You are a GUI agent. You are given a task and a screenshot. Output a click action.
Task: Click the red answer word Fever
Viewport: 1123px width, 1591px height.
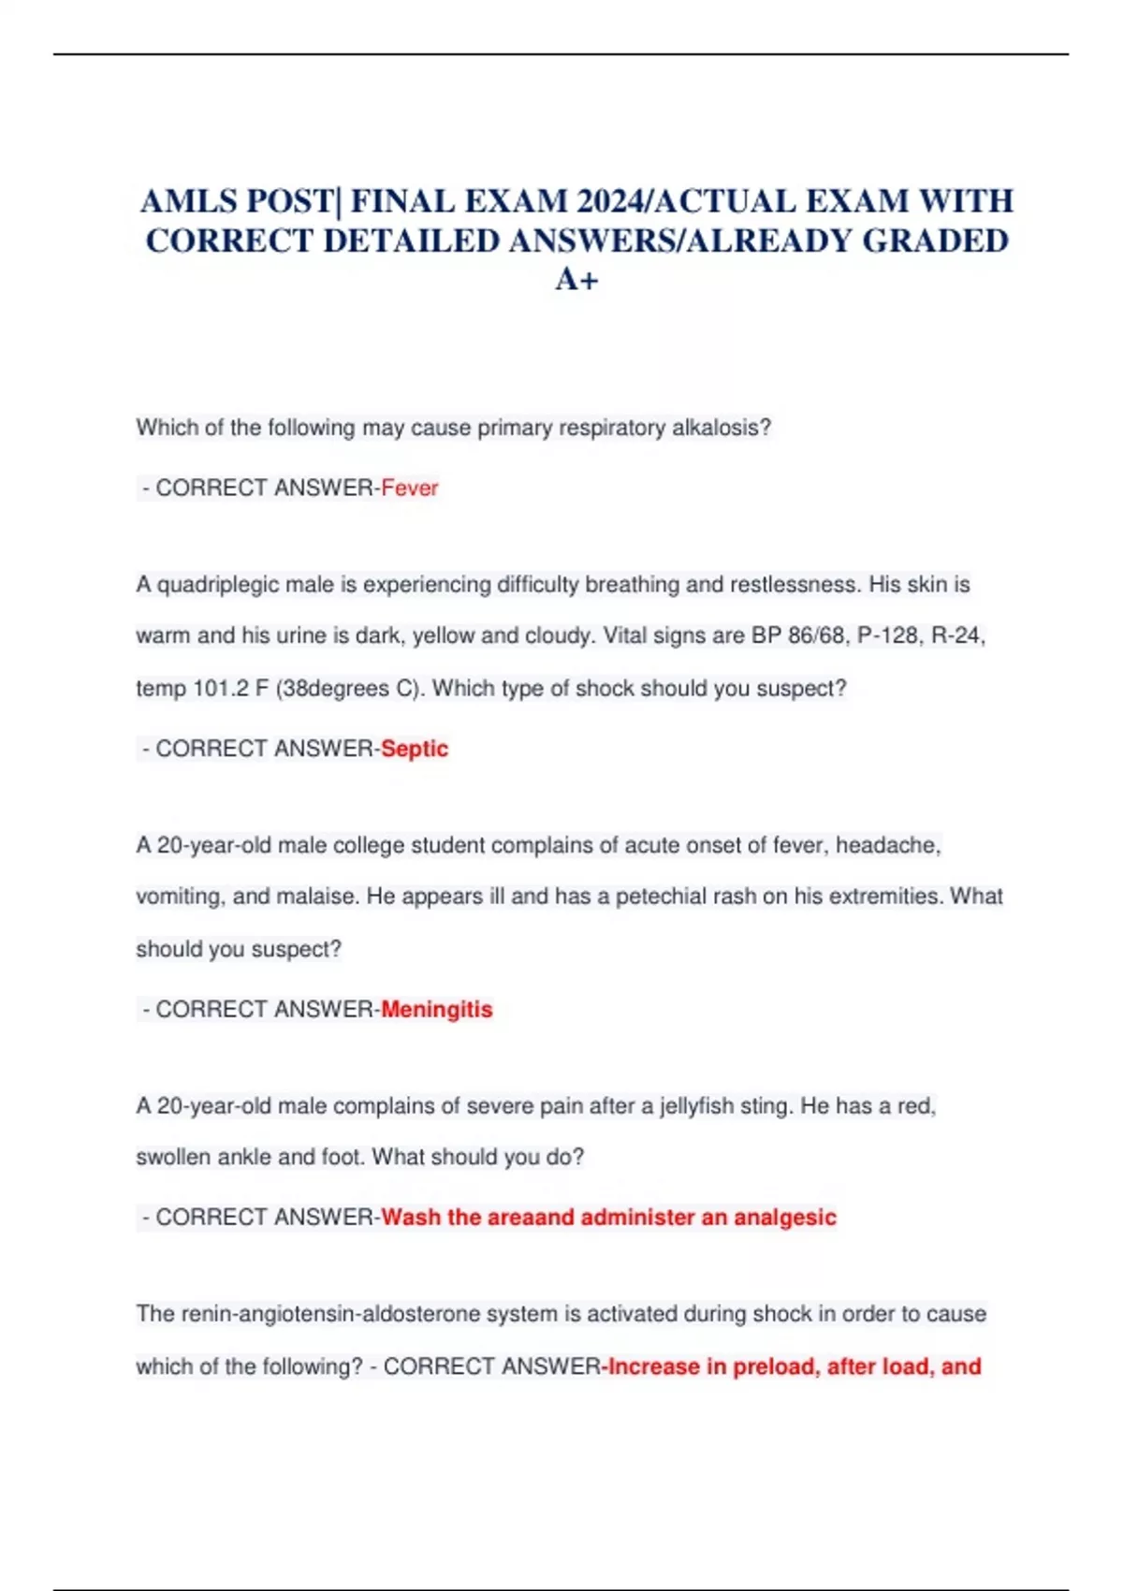click(410, 488)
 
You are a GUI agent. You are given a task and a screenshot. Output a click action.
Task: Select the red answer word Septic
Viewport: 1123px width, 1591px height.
click(415, 749)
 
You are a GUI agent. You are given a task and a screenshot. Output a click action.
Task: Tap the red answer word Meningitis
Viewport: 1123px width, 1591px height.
click(437, 1009)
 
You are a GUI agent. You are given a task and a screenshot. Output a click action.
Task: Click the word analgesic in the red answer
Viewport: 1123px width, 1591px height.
click(785, 1218)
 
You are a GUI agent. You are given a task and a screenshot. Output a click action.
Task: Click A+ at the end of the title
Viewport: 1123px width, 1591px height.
click(576, 280)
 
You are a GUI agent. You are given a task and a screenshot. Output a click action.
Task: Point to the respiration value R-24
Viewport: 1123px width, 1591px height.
click(958, 636)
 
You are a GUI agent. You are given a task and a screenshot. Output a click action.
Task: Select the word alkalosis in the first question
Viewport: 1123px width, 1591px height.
click(722, 428)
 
